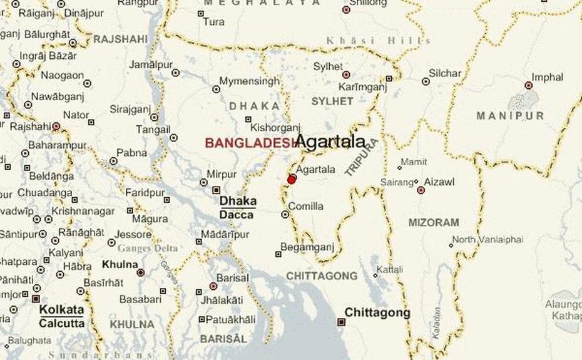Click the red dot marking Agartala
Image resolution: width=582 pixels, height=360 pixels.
[x=292, y=180]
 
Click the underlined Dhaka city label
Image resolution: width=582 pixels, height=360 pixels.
[x=238, y=201]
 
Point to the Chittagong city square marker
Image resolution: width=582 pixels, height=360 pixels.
[x=341, y=322]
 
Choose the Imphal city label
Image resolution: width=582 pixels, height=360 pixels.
[x=548, y=78]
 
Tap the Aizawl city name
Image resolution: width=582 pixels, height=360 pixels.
[x=439, y=182]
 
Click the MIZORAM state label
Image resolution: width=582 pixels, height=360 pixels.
[x=434, y=222]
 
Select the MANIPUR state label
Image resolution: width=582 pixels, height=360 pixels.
[x=511, y=116]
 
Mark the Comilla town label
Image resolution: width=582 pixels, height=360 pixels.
[x=306, y=206]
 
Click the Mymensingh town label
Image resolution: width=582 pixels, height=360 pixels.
[x=250, y=81]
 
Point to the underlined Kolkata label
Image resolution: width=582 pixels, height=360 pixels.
[x=61, y=310]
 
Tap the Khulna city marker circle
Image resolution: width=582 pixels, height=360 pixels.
[x=141, y=272]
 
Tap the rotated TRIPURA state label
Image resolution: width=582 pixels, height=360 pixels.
[x=362, y=157]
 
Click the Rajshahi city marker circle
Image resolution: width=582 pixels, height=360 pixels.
[x=56, y=126]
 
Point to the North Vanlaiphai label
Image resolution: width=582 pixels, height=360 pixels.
[x=488, y=240]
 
